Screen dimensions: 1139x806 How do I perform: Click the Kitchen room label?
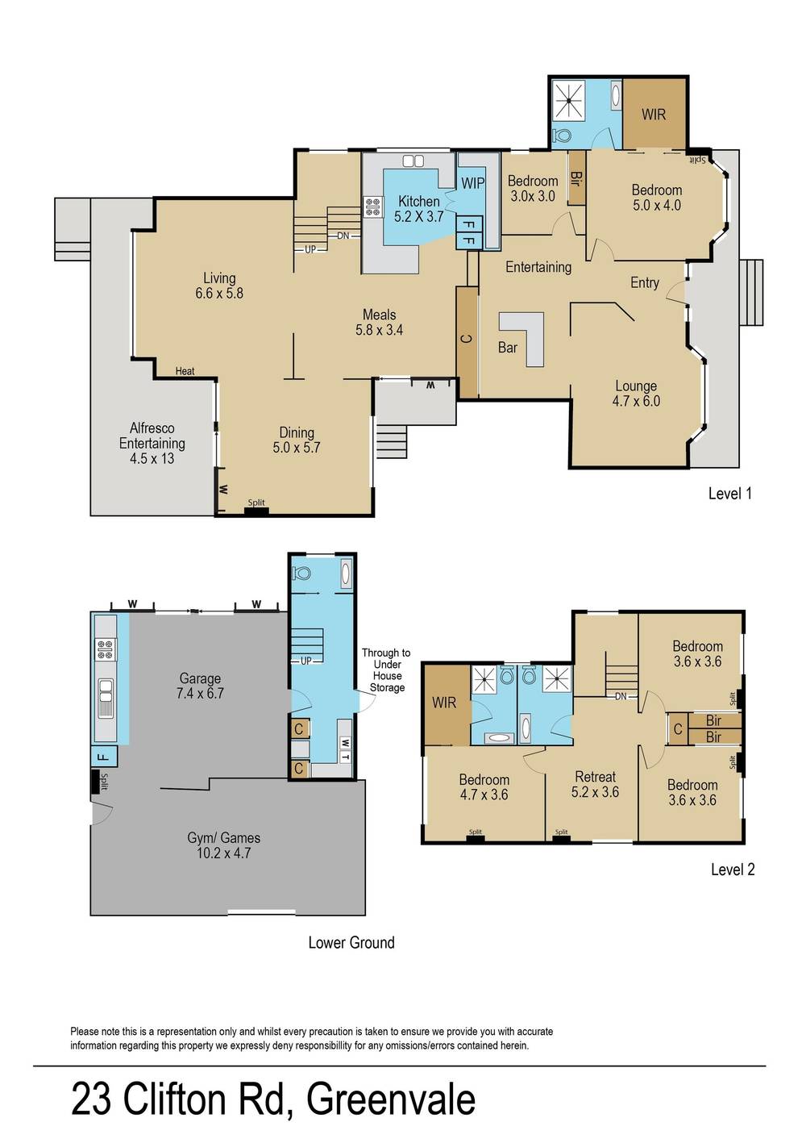tap(419, 208)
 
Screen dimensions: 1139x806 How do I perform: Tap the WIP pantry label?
tap(472, 183)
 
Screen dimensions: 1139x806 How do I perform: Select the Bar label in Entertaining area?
tap(508, 348)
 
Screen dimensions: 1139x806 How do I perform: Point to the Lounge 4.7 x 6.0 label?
tap(636, 394)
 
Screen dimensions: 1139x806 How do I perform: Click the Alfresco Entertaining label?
tap(152, 443)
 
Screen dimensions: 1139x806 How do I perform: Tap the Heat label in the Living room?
tap(185, 371)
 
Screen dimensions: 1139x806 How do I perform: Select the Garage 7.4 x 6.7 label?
tap(200, 686)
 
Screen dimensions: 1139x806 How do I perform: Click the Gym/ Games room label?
tap(223, 845)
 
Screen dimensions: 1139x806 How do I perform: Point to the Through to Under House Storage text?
tap(386, 670)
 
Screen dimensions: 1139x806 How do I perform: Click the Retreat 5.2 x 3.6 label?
tap(595, 784)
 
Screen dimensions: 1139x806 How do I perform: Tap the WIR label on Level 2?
tap(444, 703)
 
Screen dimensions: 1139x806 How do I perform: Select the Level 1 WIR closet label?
tap(654, 115)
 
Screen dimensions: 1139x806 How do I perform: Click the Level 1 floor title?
tap(729, 494)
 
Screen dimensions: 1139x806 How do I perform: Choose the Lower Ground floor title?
tap(351, 942)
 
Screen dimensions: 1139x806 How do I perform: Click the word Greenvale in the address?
tap(391, 1099)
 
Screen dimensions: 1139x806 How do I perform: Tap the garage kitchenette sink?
tap(106, 697)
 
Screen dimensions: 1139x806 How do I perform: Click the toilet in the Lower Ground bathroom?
tap(303, 574)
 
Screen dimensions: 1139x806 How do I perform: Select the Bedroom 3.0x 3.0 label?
tap(532, 189)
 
